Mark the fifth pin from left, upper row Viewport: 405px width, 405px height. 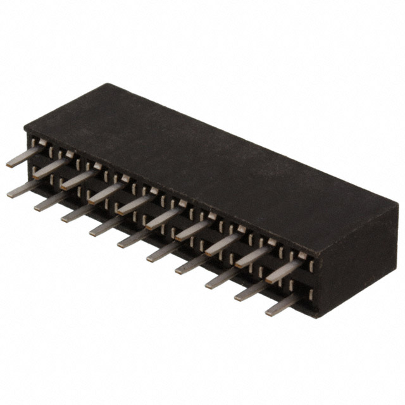pyautogui.click(x=134, y=204)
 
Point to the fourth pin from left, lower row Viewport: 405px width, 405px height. pyautogui.click(x=106, y=226)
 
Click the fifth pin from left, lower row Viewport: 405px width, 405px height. pyautogui.click(x=134, y=239)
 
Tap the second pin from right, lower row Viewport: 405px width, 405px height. pyautogui.click(x=252, y=292)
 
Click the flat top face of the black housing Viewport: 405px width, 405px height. pyautogui.click(x=209, y=158)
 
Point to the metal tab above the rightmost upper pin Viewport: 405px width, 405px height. pyautogui.click(x=302, y=256)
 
